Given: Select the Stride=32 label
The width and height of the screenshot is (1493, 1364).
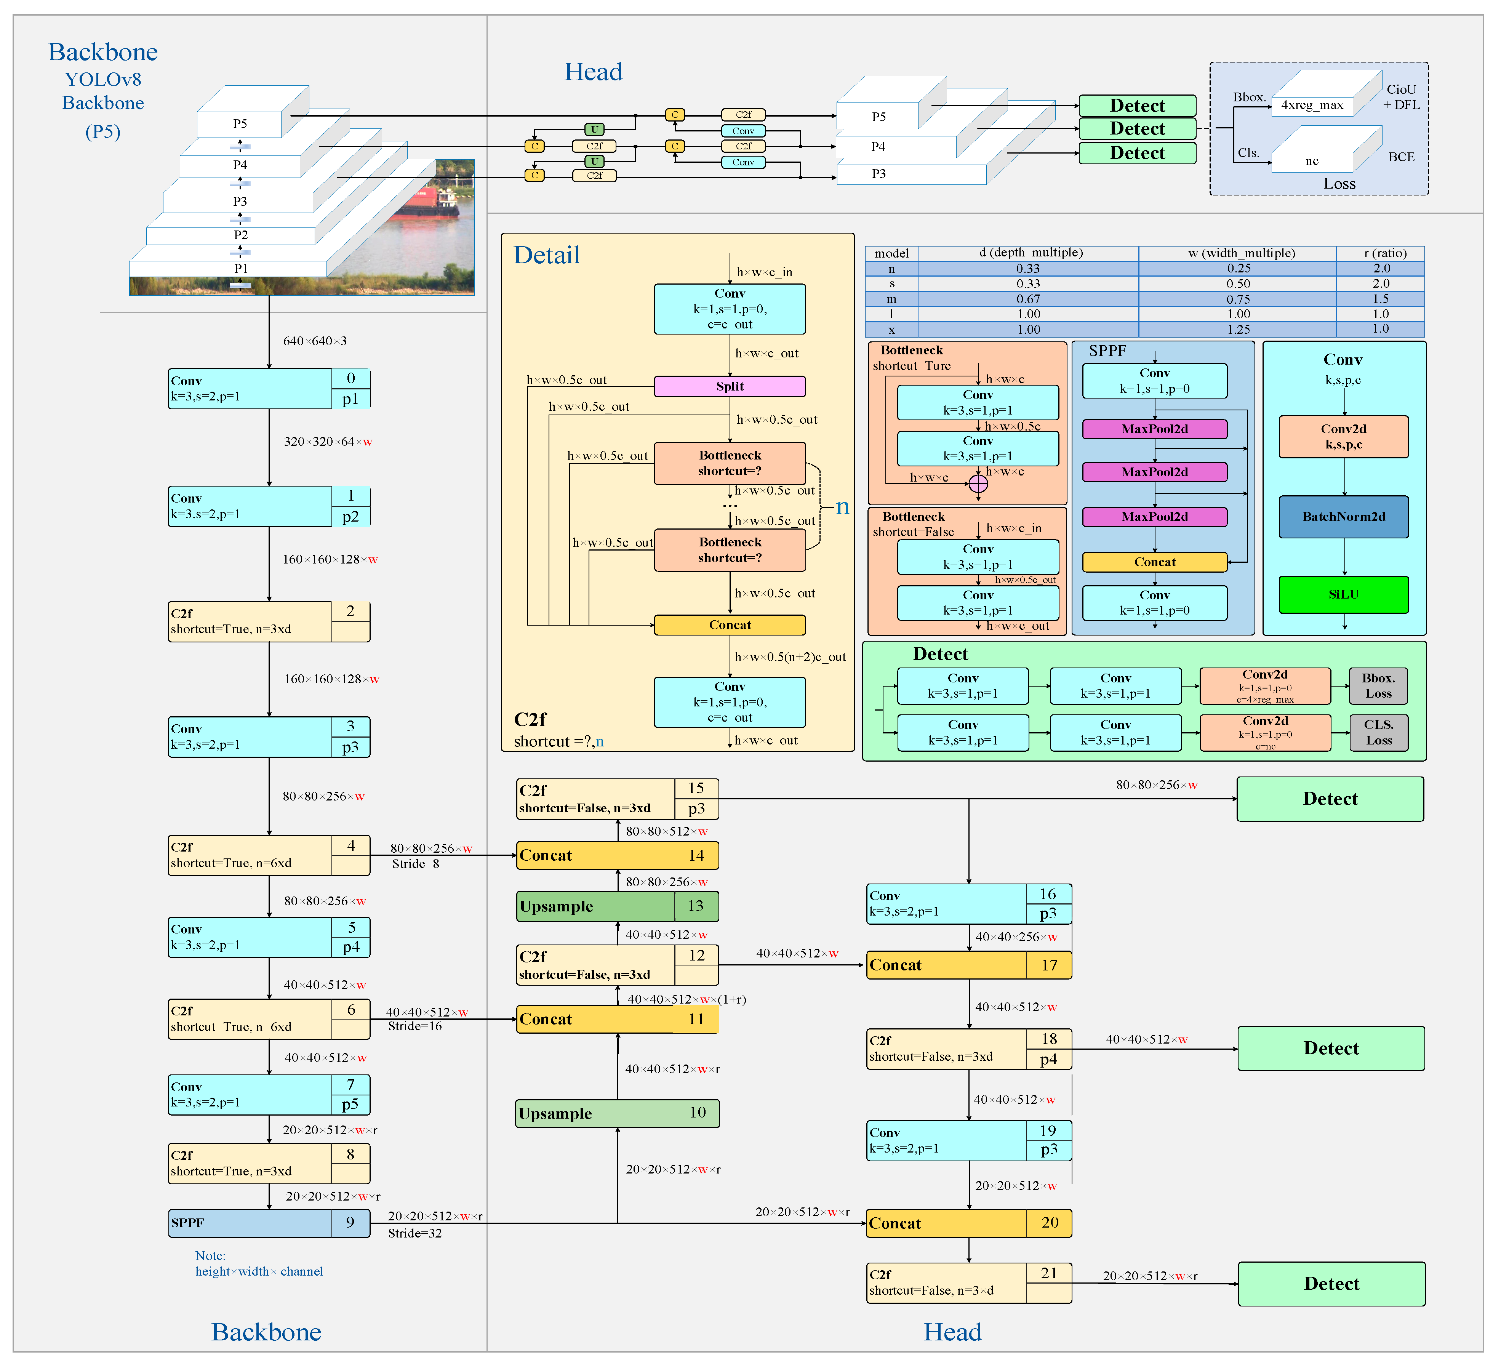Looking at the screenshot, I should coord(415,1233).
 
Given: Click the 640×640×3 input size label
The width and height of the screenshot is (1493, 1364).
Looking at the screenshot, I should coord(315,341).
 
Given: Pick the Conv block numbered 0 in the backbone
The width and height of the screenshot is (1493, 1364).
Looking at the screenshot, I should coord(268,388).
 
